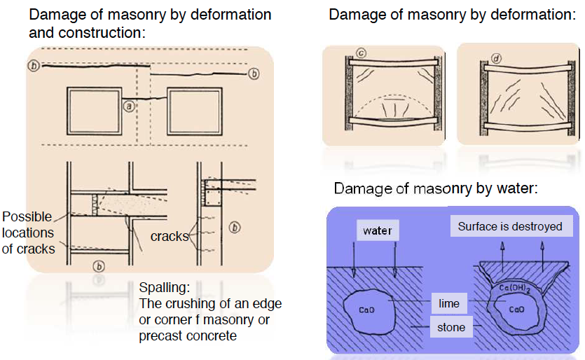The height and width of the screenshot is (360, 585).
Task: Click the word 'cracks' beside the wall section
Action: pyautogui.click(x=169, y=236)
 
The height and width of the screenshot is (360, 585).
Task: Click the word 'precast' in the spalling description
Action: pyautogui.click(x=162, y=335)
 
